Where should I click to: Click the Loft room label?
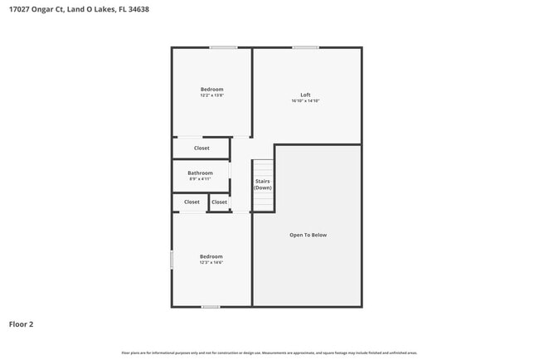click(305, 95)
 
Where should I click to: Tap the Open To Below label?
click(308, 235)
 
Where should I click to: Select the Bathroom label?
click(200, 173)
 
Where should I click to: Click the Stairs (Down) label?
click(262, 184)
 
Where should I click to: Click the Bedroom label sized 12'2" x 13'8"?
click(211, 89)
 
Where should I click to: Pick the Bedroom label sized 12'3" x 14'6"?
click(211, 256)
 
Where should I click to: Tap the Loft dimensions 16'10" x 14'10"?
click(305, 101)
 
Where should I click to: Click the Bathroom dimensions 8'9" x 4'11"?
click(200, 179)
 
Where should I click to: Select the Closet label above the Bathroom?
click(202, 148)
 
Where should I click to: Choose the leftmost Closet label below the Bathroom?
click(192, 202)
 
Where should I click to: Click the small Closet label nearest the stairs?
click(219, 202)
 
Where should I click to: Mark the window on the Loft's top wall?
click(305, 47)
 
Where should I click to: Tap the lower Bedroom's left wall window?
click(172, 259)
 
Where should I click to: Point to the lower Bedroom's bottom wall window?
click(211, 307)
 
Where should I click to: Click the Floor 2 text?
click(22, 324)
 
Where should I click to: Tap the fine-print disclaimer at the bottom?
click(269, 353)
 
